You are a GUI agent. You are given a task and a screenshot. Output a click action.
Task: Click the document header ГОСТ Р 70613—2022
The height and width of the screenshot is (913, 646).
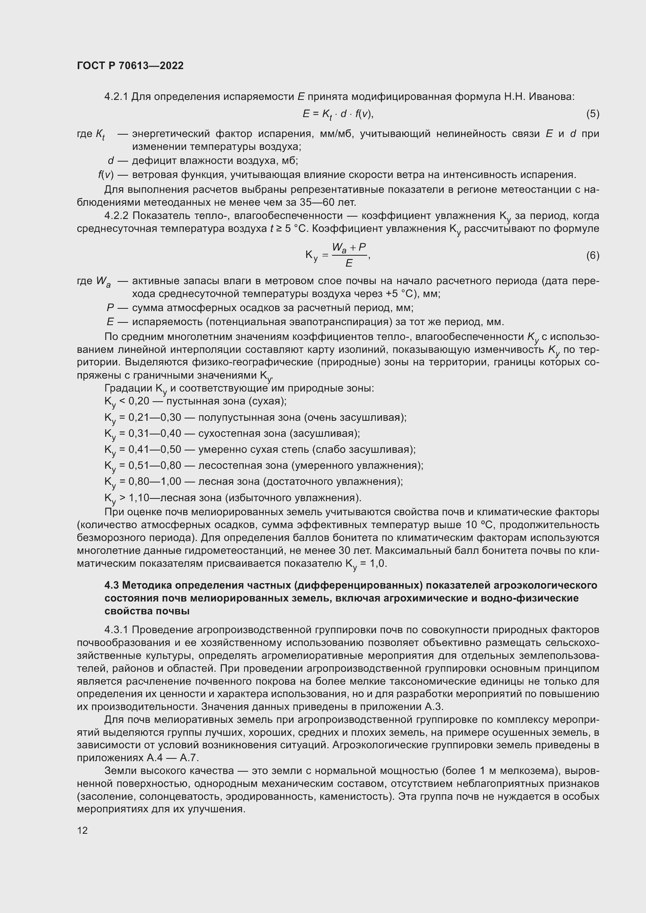coord(130,66)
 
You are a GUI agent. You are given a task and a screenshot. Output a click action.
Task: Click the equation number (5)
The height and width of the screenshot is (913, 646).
coord(592,114)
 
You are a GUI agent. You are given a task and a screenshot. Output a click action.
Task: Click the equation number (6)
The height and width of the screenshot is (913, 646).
coord(592,255)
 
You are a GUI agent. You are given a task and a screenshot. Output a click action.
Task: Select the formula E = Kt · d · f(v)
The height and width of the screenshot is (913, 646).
coord(338,114)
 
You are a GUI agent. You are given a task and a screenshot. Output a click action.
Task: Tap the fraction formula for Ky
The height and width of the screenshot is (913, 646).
coord(338,255)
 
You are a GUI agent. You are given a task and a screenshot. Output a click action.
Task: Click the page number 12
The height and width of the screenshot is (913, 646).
coord(82,830)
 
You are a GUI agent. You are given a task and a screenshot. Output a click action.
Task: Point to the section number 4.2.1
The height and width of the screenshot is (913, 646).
coord(116,97)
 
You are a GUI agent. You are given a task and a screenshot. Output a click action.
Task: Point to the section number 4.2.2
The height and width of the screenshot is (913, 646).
coord(116,216)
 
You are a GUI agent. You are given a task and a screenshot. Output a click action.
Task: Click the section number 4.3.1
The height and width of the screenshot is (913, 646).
coord(116,630)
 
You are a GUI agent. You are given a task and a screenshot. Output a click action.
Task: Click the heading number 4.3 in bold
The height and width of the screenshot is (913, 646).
coord(112,586)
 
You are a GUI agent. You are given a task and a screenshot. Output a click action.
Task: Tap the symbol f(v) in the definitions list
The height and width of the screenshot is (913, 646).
coord(106,174)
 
